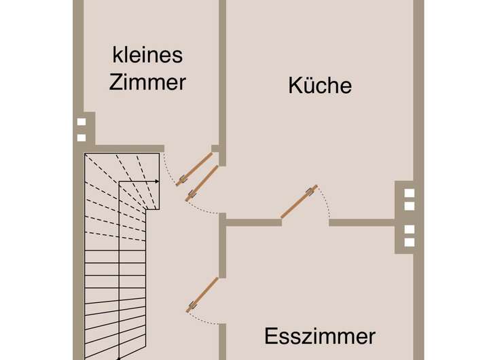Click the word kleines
pyautogui.click(x=147, y=54)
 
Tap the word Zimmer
pyautogui.click(x=147, y=82)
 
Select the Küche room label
pyautogui.click(x=320, y=86)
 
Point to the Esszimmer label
pyautogui.click(x=320, y=336)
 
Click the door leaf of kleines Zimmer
pyautogui.click(x=194, y=168)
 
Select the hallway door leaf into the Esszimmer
pyautogui.click(x=203, y=294)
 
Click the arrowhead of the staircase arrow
pyautogui.click(x=157, y=181)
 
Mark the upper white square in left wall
pyautogui.click(x=81, y=122)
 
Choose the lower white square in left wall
pyautogui.click(x=81, y=137)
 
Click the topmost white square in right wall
pyautogui.click(x=409, y=192)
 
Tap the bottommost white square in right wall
pyautogui.click(x=409, y=242)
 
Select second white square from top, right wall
pyautogui.click(x=409, y=205)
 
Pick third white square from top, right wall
pyautogui.click(x=409, y=230)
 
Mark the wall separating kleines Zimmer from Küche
pyautogui.click(x=222, y=75)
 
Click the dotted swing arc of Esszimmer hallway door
pyautogui.click(x=204, y=319)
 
